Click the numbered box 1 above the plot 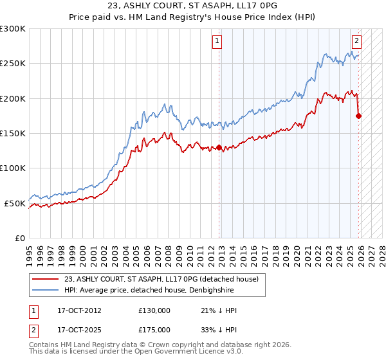point(217,41)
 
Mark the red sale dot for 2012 point(219,147)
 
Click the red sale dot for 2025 point(359,116)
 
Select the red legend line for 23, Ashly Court point(46,279)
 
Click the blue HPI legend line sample point(46,289)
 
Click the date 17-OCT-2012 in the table point(70,310)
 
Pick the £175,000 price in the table point(154,329)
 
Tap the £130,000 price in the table point(154,310)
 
